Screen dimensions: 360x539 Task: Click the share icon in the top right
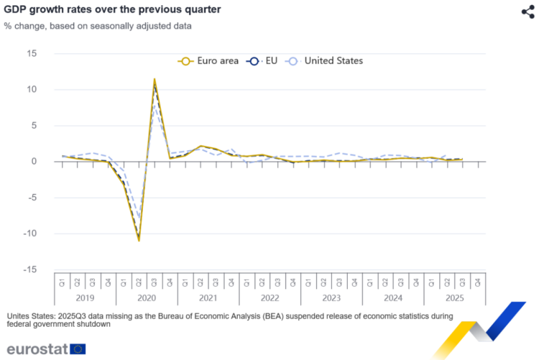527,11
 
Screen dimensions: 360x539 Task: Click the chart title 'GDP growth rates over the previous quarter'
112,10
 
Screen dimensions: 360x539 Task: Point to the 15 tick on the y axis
32,54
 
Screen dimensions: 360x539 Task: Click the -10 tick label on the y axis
30,234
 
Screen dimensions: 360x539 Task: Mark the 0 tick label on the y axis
34,162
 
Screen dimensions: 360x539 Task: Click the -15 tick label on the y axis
30,269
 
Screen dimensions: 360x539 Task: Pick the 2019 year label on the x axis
85,297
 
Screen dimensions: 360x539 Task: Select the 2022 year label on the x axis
269,297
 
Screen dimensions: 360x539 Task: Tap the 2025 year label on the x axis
455,297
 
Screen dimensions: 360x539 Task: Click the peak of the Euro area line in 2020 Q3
155,79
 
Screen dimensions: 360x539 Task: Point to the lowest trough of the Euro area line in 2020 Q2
139,241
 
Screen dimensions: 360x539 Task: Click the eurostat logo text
37,349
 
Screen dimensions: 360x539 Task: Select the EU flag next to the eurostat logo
78,349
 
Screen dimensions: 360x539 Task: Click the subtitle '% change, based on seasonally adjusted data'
97,27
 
